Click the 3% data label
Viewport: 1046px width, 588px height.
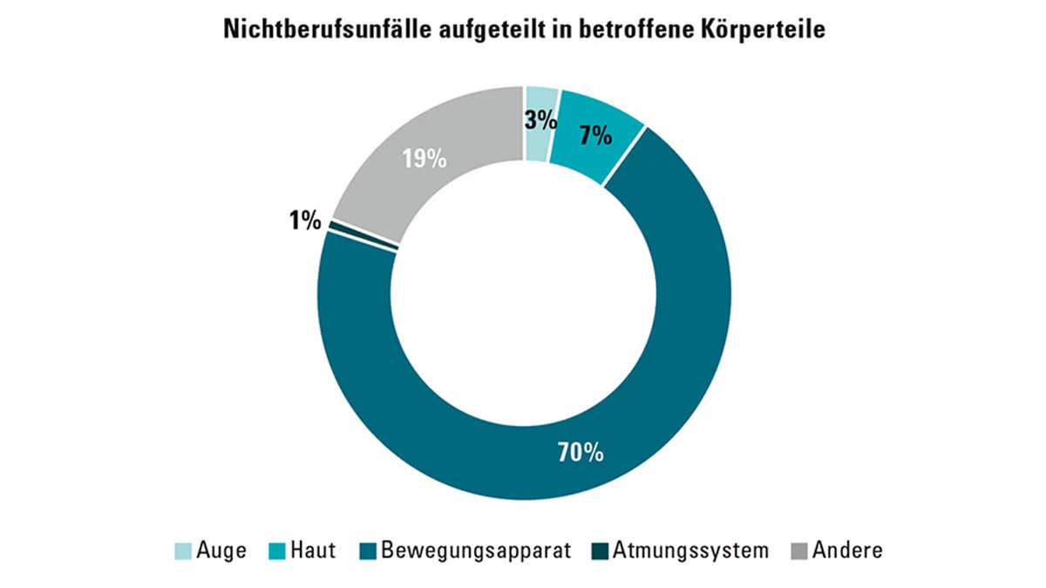540,120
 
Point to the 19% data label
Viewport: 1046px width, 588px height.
425,160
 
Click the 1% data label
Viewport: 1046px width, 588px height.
305,221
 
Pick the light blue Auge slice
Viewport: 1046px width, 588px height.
540,144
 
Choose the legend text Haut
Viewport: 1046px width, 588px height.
314,551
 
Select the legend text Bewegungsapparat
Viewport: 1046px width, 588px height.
476,551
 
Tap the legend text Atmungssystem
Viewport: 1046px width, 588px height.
690,551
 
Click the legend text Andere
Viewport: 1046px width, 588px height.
847,551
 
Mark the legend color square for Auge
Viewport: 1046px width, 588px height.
184,551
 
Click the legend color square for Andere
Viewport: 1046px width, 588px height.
798,551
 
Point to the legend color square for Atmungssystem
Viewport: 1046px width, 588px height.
599,551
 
